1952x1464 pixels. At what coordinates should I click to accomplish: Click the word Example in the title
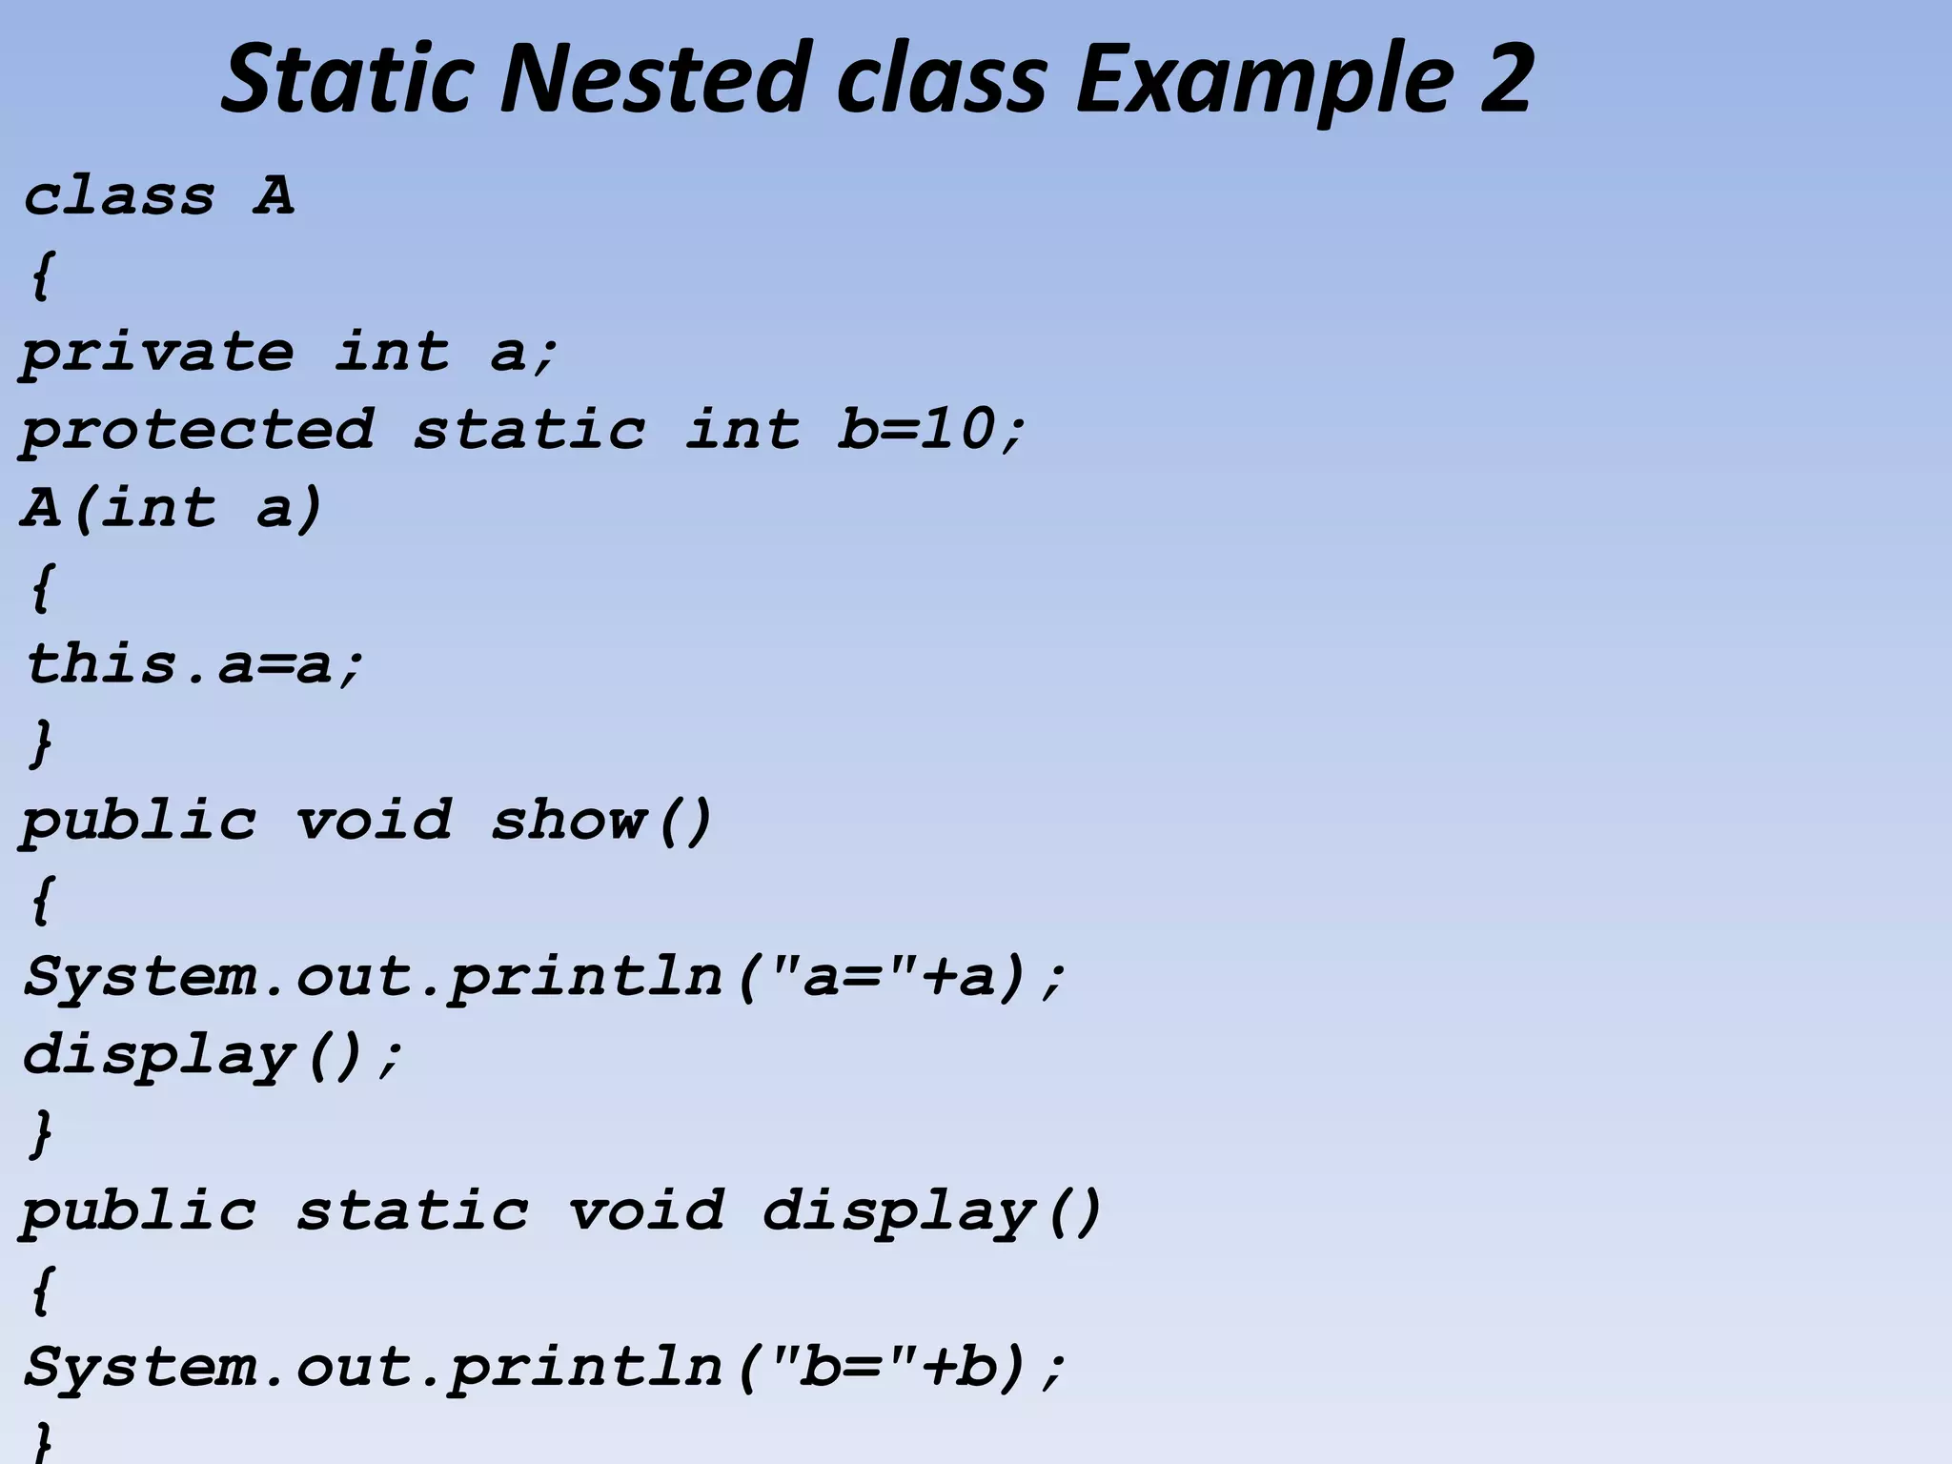point(1264,81)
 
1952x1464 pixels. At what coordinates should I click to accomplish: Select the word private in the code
point(157,353)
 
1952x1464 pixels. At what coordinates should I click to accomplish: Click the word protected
point(197,431)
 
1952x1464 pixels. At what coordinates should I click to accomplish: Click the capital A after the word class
point(274,196)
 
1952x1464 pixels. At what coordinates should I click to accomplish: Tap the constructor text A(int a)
point(172,507)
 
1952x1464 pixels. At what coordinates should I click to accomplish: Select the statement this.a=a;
point(194,663)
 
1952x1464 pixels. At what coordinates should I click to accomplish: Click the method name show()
point(600,820)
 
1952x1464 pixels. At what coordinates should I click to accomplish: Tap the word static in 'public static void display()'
point(412,1210)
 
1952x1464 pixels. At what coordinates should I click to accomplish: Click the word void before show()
point(373,820)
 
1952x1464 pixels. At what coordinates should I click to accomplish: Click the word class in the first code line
point(119,196)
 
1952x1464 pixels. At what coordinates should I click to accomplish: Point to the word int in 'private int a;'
point(392,353)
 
